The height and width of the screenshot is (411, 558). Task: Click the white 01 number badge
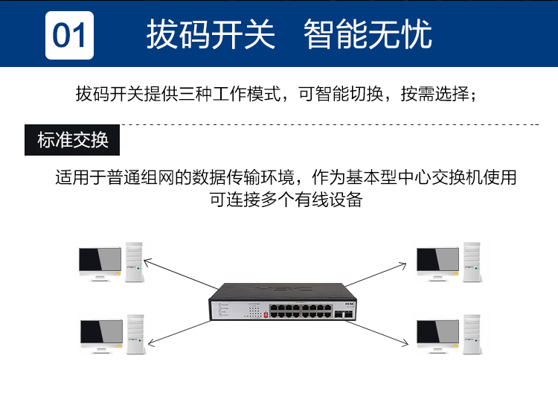coord(69,35)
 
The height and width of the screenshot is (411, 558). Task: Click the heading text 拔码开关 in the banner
coord(211,34)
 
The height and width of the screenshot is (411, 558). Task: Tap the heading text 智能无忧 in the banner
coord(368,34)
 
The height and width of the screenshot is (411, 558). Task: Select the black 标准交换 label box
coord(72,140)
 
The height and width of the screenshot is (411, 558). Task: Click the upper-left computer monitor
coord(100,264)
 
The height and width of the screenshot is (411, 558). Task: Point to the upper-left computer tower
coord(134,262)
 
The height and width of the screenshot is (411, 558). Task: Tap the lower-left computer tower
coord(135,334)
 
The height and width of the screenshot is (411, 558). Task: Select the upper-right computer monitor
coord(437,264)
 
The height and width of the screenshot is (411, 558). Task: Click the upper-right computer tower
coord(472,262)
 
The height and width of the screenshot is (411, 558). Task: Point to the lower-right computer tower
coord(472,334)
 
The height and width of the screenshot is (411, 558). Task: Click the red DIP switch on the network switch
coord(266,315)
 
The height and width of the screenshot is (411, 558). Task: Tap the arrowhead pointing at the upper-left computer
coord(147,262)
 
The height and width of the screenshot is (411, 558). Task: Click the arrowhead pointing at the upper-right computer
coord(403,266)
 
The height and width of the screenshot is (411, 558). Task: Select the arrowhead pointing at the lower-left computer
coord(151,342)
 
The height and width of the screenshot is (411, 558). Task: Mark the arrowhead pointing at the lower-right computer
coord(405,342)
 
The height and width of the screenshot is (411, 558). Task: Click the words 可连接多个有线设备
coord(286,200)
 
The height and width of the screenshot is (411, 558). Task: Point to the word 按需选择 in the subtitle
coord(435,94)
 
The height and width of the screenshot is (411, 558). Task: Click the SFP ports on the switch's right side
coord(344,314)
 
